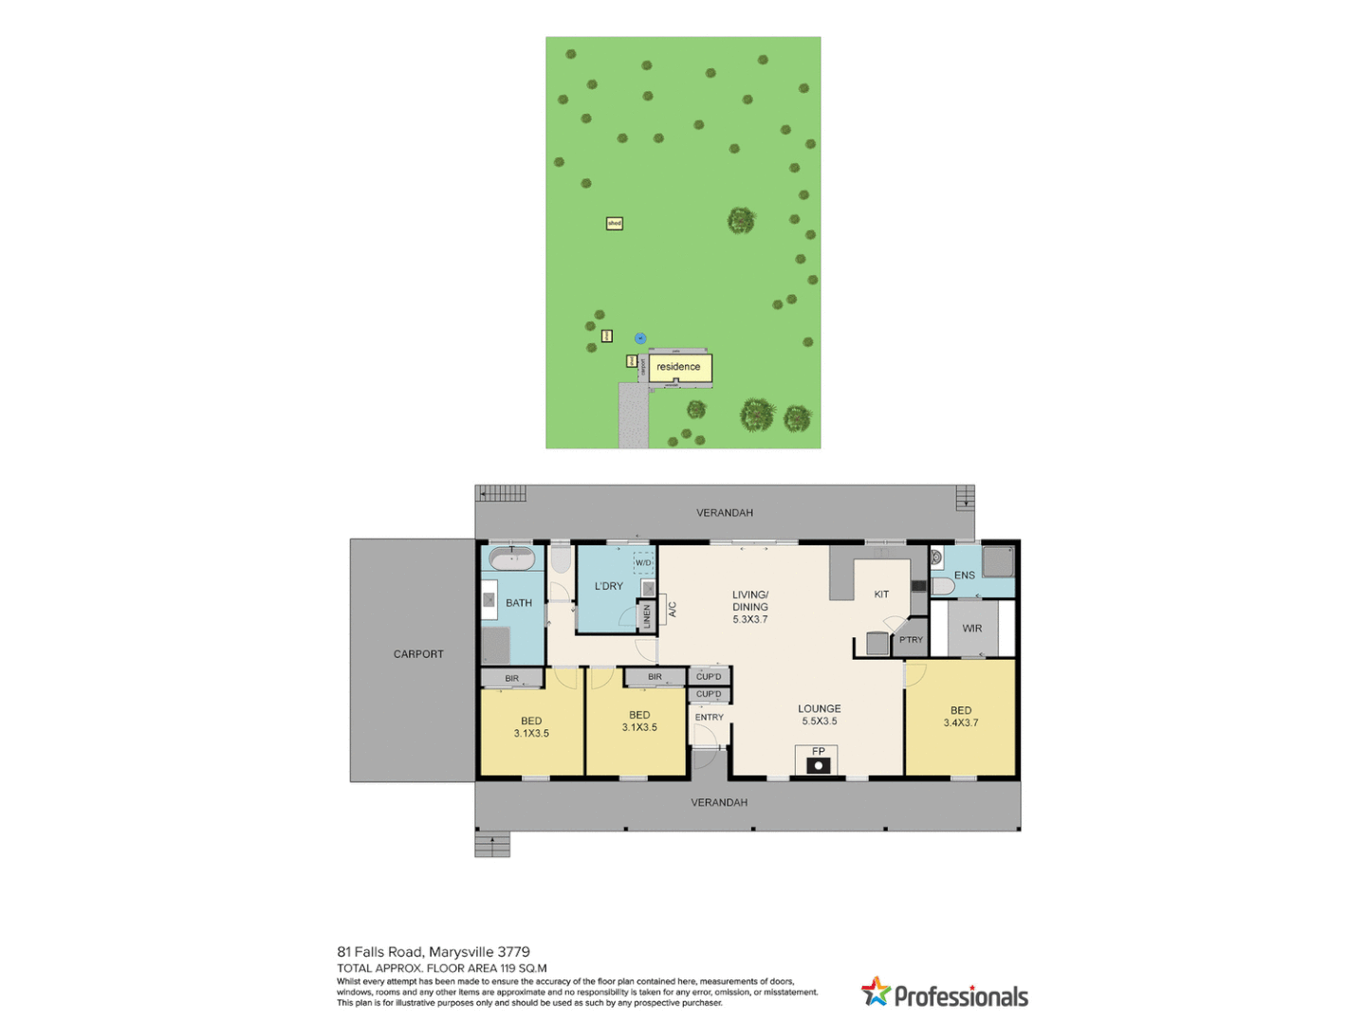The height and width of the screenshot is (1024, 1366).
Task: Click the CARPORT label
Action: [x=418, y=654]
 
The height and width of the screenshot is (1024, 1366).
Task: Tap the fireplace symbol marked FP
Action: [x=818, y=760]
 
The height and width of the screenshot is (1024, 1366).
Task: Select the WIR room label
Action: [x=972, y=629]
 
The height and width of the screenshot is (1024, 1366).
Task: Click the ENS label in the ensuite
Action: [x=964, y=576]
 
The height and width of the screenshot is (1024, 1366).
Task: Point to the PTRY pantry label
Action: [x=911, y=640]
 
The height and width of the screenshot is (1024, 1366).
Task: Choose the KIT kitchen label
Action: [x=881, y=594]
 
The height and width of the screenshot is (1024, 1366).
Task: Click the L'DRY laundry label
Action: [x=609, y=586]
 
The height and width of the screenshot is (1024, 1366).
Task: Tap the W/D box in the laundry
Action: [x=644, y=563]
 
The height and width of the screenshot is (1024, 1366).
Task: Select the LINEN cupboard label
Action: [x=647, y=616]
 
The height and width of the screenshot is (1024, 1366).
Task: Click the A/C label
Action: [x=673, y=609]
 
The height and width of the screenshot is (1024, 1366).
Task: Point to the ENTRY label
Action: [x=710, y=718]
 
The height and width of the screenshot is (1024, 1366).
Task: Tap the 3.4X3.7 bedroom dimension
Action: [x=961, y=723]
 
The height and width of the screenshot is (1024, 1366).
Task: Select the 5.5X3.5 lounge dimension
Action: [x=820, y=722]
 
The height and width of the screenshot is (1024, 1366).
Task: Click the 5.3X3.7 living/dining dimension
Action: [x=750, y=620]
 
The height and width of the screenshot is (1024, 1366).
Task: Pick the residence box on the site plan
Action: [x=679, y=367]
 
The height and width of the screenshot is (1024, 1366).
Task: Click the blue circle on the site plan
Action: [x=640, y=338]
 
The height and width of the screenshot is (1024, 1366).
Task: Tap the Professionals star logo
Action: [x=876, y=992]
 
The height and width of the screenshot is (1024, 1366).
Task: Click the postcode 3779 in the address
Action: [x=513, y=952]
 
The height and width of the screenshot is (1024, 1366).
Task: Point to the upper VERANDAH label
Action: [x=725, y=513]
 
